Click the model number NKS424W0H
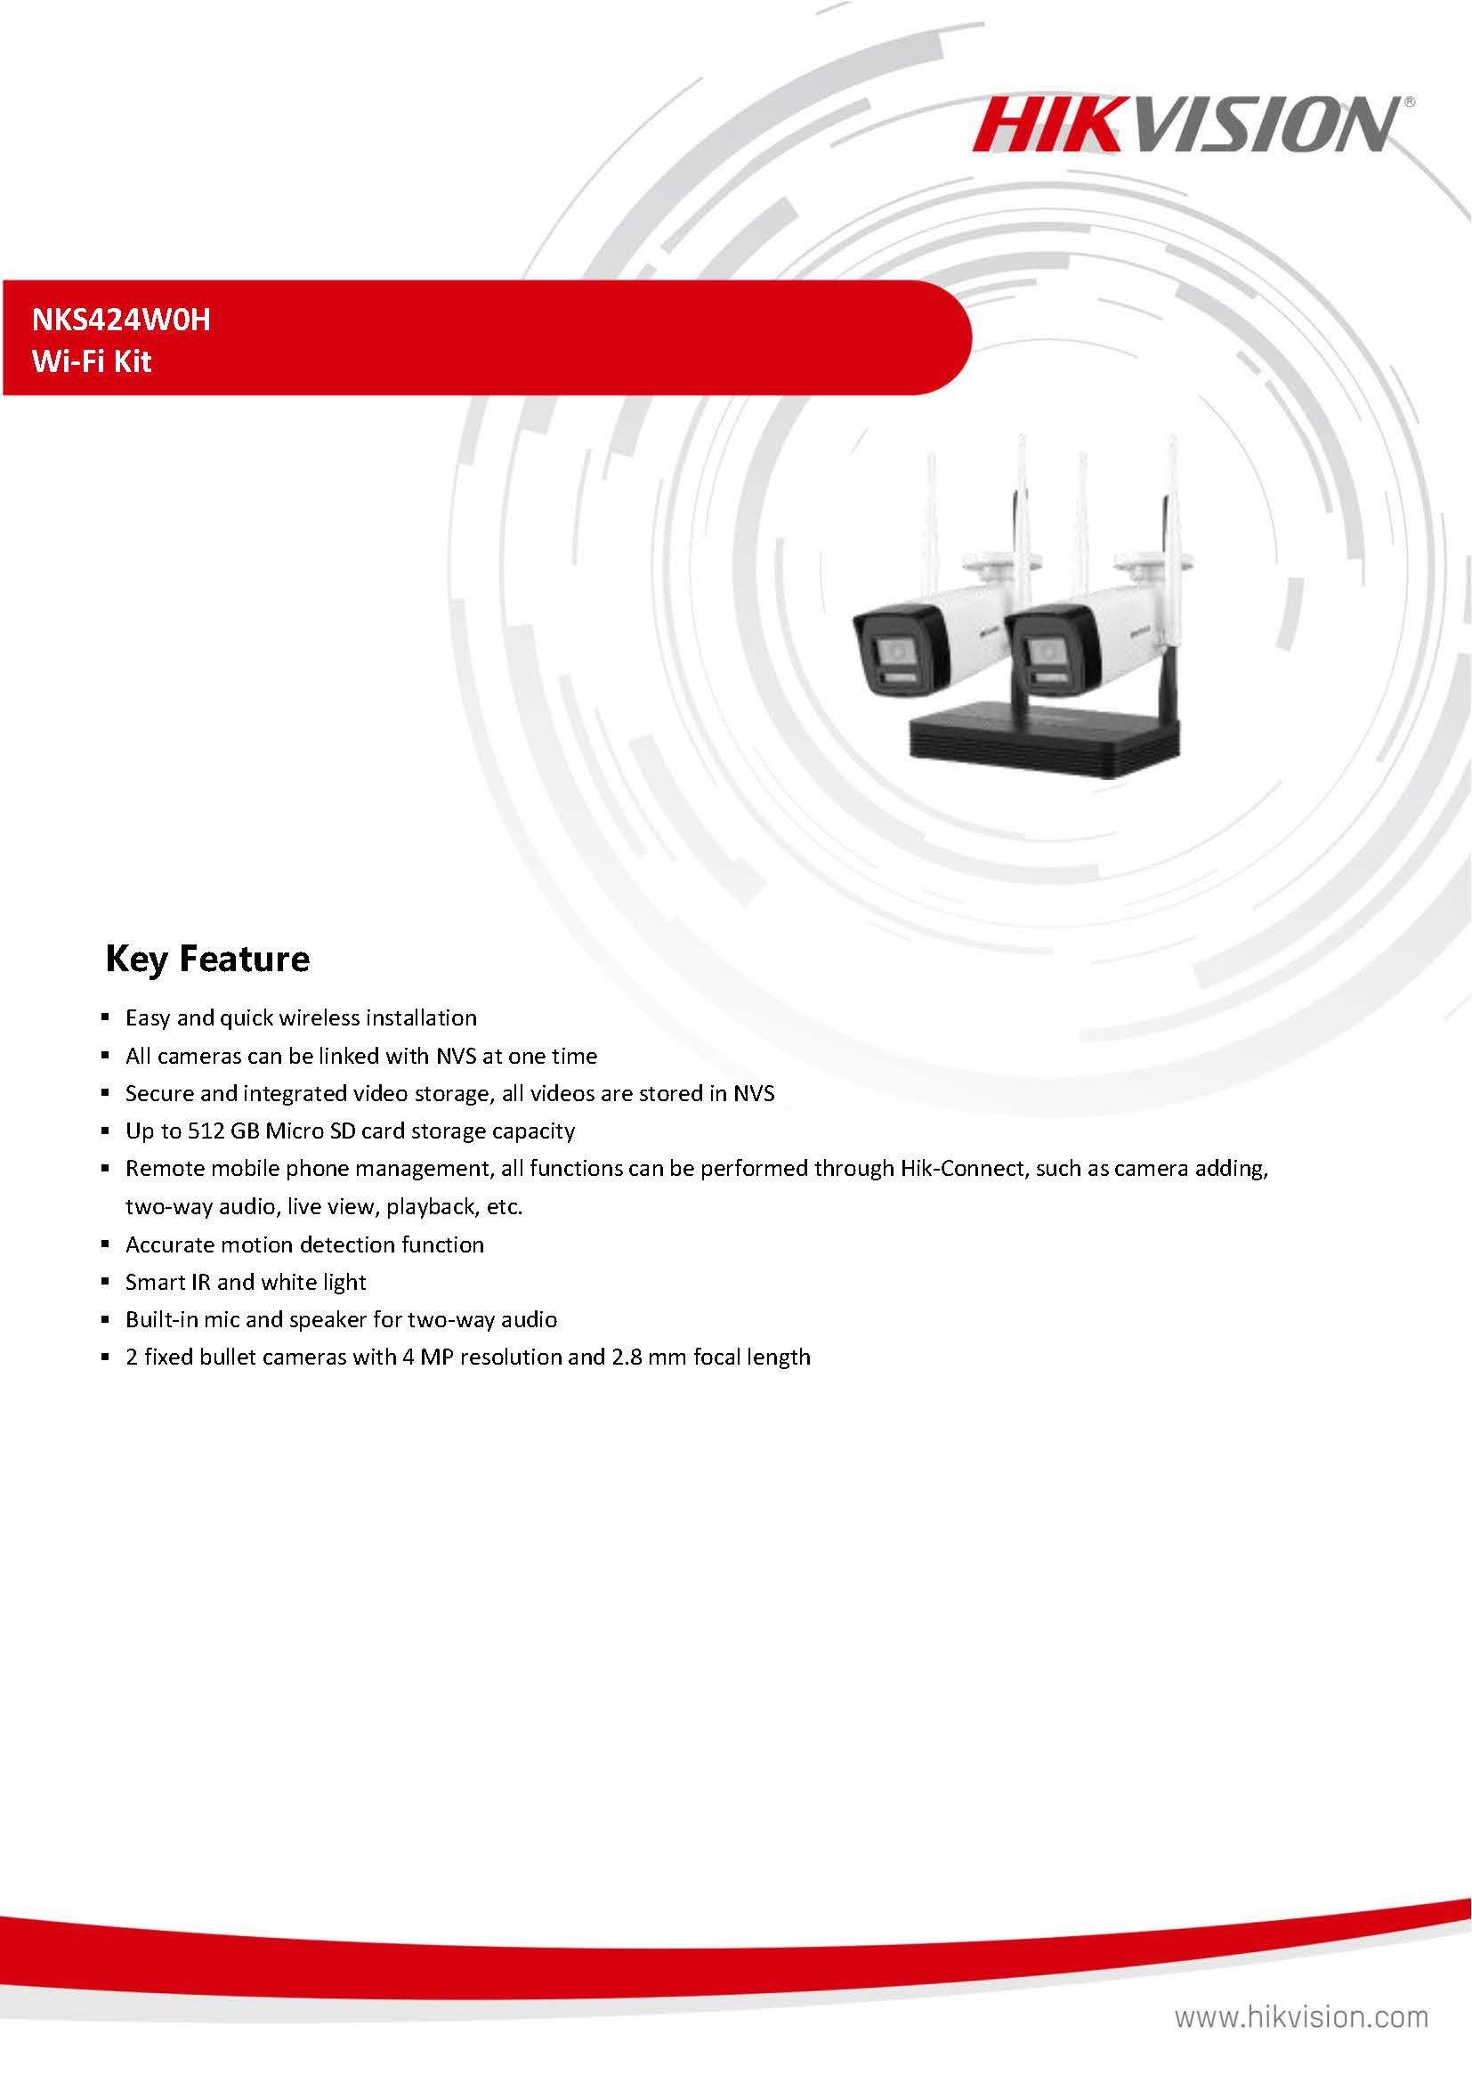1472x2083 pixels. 121,320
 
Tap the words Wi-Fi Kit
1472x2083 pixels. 92,362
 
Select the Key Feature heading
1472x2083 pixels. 207,959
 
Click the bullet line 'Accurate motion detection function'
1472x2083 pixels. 304,1244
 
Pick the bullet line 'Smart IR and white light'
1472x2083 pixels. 246,1283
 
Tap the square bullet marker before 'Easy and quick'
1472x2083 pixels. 106,1019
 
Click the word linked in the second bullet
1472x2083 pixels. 349,1056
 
